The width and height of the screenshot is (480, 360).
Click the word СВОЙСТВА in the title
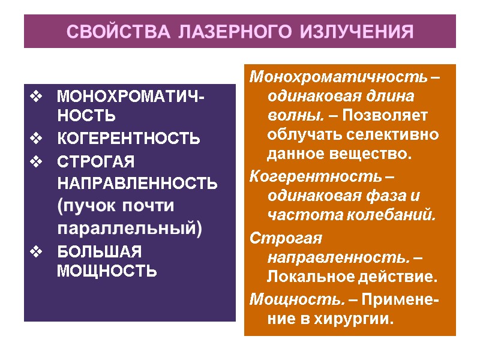click(x=106, y=32)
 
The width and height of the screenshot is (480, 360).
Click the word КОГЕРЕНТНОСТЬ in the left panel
click(x=128, y=139)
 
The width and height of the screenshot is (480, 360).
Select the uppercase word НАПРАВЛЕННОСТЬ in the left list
click(x=137, y=184)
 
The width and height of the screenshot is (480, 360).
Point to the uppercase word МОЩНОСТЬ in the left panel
click(x=106, y=271)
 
